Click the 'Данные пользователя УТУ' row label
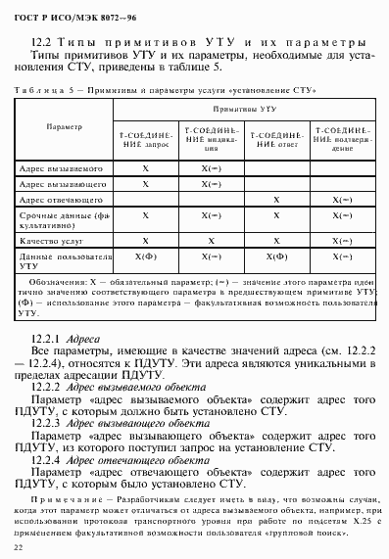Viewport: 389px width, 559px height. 61,258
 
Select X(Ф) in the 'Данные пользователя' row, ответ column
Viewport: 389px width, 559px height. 276,256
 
